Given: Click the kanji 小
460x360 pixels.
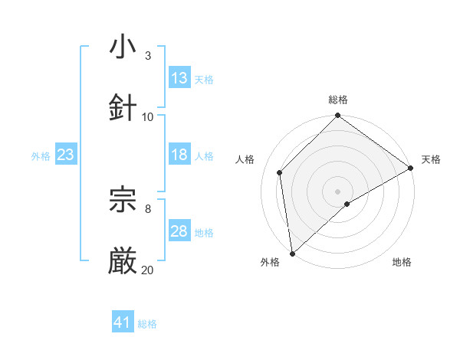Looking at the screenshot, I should click(123, 47).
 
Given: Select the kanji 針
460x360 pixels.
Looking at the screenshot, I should click(123, 108).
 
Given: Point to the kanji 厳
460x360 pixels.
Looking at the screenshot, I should click(123, 261).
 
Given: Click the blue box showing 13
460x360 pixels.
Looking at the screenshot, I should click(179, 78).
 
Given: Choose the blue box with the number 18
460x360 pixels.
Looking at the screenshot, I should click(179, 155).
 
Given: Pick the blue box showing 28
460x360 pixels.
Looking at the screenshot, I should click(179, 231).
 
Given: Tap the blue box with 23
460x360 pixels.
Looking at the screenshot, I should click(66, 155).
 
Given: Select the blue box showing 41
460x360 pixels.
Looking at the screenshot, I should click(123, 323).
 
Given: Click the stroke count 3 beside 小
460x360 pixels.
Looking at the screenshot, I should click(147, 55).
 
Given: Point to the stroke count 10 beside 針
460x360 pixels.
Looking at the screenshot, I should click(148, 116).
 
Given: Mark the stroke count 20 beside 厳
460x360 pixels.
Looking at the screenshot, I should click(147, 270).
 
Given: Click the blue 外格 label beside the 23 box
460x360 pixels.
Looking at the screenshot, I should click(41, 155).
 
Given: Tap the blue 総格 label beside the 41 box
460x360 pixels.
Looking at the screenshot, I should click(147, 324).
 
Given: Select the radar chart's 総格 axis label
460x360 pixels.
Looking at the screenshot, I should click(337, 100).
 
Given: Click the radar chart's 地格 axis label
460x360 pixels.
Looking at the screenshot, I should click(402, 263).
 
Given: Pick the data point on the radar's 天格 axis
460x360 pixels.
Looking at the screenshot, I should click(411, 169).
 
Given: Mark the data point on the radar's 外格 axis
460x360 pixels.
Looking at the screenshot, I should click(292, 254).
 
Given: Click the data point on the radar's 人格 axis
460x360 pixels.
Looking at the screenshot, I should click(280, 172).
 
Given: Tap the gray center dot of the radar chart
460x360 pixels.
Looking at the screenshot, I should click(337, 191).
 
